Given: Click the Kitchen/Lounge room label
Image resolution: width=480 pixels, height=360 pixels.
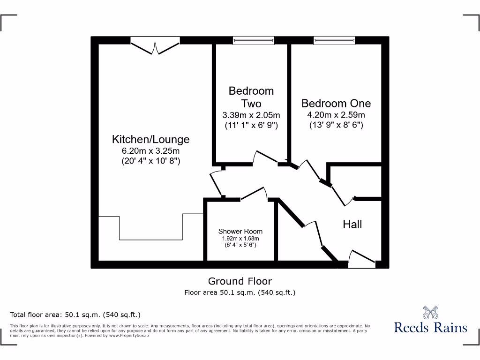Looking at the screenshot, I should tap(150, 139).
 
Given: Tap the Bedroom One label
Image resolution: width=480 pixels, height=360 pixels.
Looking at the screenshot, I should tap(336, 103).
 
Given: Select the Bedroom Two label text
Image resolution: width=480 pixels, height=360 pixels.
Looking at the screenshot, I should tap(251, 97).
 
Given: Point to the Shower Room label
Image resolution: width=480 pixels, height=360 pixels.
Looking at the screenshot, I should tap(240, 231).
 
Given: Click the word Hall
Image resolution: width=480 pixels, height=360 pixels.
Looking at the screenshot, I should tap(352, 225).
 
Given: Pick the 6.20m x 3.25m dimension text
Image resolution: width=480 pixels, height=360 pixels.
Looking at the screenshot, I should tap(150, 151).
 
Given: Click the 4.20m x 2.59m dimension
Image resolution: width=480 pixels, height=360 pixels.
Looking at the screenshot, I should tap(336, 115).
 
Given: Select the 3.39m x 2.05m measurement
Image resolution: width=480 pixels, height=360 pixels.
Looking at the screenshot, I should tap(251, 115).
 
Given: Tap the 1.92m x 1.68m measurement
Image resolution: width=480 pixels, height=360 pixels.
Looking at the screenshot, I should tap(240, 239).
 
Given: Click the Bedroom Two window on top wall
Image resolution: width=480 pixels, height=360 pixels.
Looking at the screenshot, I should tap(253, 41).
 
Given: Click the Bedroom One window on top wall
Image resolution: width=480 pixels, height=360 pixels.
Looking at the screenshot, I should tap(334, 41).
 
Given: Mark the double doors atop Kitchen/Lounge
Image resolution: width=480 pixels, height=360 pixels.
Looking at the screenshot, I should tap(155, 46).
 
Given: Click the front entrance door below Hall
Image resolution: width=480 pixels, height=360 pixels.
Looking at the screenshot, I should tap(362, 260).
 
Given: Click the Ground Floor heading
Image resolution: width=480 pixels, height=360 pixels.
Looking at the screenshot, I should tap(240, 281).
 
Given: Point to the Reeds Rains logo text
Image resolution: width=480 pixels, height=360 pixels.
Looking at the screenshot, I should tap(430, 327).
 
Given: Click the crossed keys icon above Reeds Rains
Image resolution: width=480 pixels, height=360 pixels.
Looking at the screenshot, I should tap(430, 312).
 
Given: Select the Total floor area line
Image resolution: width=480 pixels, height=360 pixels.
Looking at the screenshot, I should tap(75, 315).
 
